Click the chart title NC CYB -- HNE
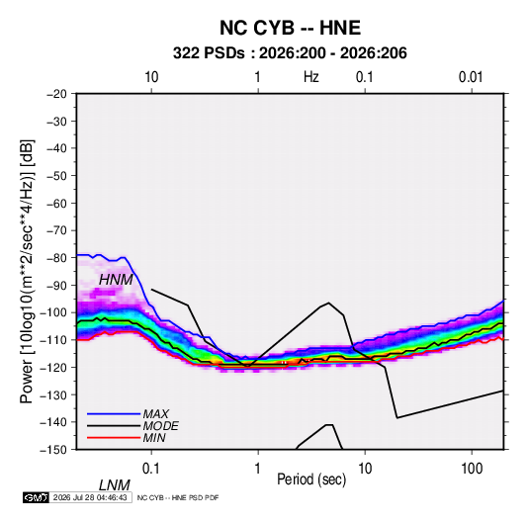click(290, 28)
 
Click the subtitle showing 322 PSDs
click(290, 53)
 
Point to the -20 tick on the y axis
click(56, 94)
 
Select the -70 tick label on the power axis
click(56, 230)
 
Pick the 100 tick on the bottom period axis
click(472, 469)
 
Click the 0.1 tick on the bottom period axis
click(151, 469)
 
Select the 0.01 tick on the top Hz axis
click(471, 77)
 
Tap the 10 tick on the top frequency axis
click(151, 77)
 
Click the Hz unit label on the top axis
click(311, 77)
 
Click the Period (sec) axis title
click(311, 479)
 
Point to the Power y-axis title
click(27, 271)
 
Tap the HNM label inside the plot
click(116, 280)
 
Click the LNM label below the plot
click(115, 485)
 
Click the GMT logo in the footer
click(37, 497)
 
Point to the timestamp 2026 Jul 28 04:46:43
click(90, 497)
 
